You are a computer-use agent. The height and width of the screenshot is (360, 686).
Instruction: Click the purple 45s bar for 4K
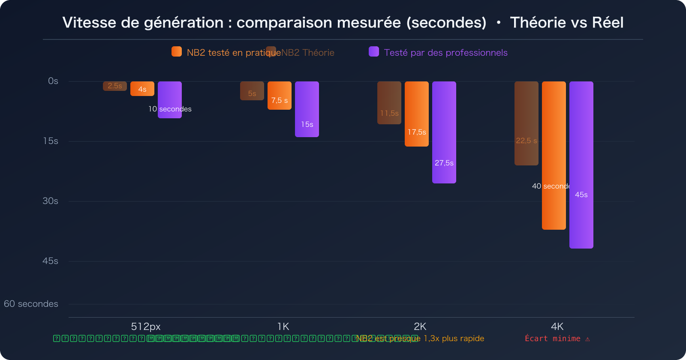[x=581, y=165]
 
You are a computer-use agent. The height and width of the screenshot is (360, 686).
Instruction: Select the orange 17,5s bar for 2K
[x=416, y=114]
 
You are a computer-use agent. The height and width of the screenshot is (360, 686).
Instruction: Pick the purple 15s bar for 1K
[x=307, y=109]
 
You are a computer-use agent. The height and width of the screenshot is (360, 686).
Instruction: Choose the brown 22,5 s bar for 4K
[x=526, y=123]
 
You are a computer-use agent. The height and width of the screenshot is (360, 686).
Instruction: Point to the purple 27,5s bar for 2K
[x=444, y=132]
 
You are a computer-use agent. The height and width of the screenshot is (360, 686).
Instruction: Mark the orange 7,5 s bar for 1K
[x=279, y=96]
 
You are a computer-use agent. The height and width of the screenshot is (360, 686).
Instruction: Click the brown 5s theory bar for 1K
[x=252, y=91]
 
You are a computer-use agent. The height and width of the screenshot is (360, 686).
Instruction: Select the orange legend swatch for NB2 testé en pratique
[x=177, y=52]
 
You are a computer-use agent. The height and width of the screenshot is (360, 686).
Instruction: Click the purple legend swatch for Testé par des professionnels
[x=374, y=52]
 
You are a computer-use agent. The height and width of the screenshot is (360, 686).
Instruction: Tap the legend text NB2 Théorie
[x=307, y=53]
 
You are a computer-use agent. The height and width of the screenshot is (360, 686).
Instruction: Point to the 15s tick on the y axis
[x=51, y=141]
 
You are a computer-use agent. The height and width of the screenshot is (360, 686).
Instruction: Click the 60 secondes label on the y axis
[x=31, y=304]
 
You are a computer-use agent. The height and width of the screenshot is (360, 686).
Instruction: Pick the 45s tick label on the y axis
[x=50, y=261]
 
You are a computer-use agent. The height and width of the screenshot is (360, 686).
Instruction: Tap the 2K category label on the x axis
[x=420, y=327]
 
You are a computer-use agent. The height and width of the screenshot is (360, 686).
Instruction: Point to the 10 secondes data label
[x=170, y=109]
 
